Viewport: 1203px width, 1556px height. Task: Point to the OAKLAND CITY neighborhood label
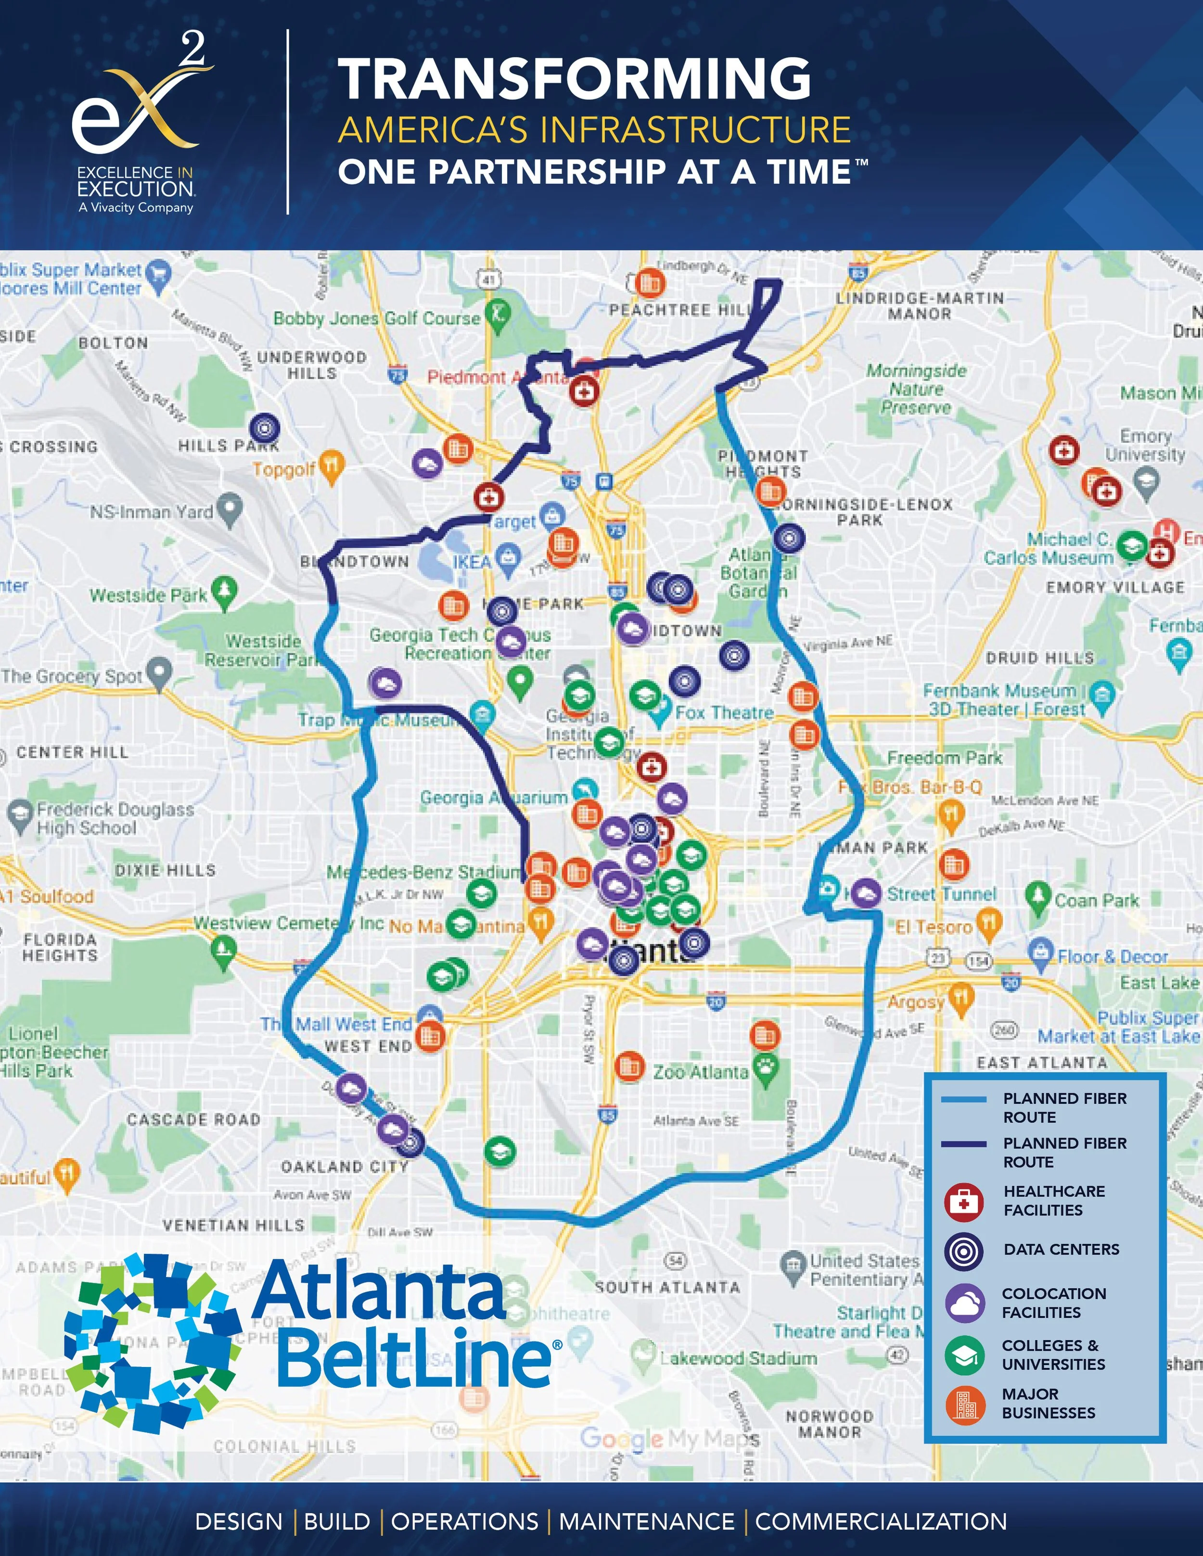[x=344, y=1166]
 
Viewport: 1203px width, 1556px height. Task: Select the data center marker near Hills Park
[x=264, y=428]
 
